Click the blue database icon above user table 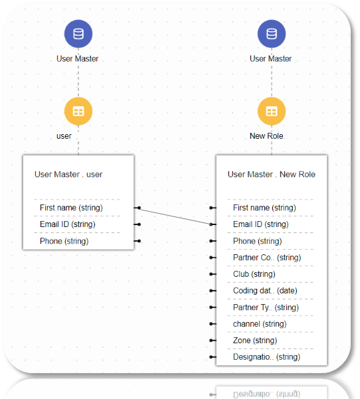(x=78, y=34)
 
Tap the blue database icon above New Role (x=272, y=34)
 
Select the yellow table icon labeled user (x=78, y=111)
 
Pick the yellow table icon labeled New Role (x=272, y=111)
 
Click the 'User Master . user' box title (x=68, y=175)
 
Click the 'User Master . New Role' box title (x=272, y=175)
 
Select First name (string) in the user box (x=71, y=208)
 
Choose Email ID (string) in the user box (x=68, y=224)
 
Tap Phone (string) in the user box (x=64, y=241)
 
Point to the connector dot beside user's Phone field (x=139, y=241)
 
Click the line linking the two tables (x=175, y=216)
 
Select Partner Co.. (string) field (x=267, y=258)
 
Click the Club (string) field (x=254, y=274)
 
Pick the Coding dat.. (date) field (x=265, y=291)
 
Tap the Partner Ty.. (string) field (x=266, y=307)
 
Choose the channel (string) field (x=260, y=324)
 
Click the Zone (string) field (x=255, y=341)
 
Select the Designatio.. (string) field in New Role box (x=266, y=357)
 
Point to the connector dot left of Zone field (x=211, y=341)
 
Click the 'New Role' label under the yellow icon (x=266, y=136)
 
